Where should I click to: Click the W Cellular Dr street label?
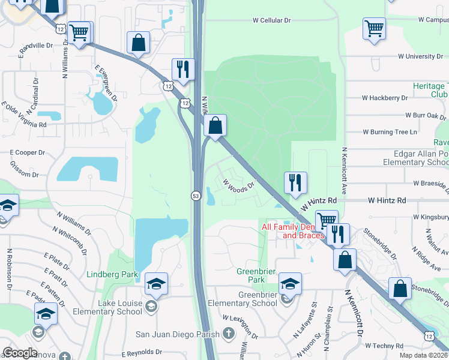coord(271,20)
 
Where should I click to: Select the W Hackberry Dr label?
coord(390,98)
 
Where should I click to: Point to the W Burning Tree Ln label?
coord(390,132)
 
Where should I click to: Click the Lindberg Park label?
coord(112,275)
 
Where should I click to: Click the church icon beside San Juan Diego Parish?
coord(228,334)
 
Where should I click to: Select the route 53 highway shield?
coord(196,196)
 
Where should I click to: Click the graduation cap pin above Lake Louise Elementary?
coord(156,284)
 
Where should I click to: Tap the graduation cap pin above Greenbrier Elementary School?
coord(290,283)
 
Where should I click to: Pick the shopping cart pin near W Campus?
coord(374,28)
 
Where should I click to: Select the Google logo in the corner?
coord(20,353)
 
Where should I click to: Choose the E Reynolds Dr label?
coord(142,353)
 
